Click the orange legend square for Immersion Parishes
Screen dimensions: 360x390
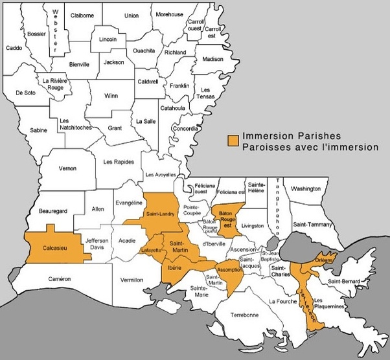click(231, 140)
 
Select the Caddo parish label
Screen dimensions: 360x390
click(14, 48)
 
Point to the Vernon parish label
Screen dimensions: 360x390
click(67, 168)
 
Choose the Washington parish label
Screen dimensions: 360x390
click(306, 188)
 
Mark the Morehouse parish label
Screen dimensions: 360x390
click(169, 14)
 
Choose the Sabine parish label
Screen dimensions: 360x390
click(39, 130)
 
